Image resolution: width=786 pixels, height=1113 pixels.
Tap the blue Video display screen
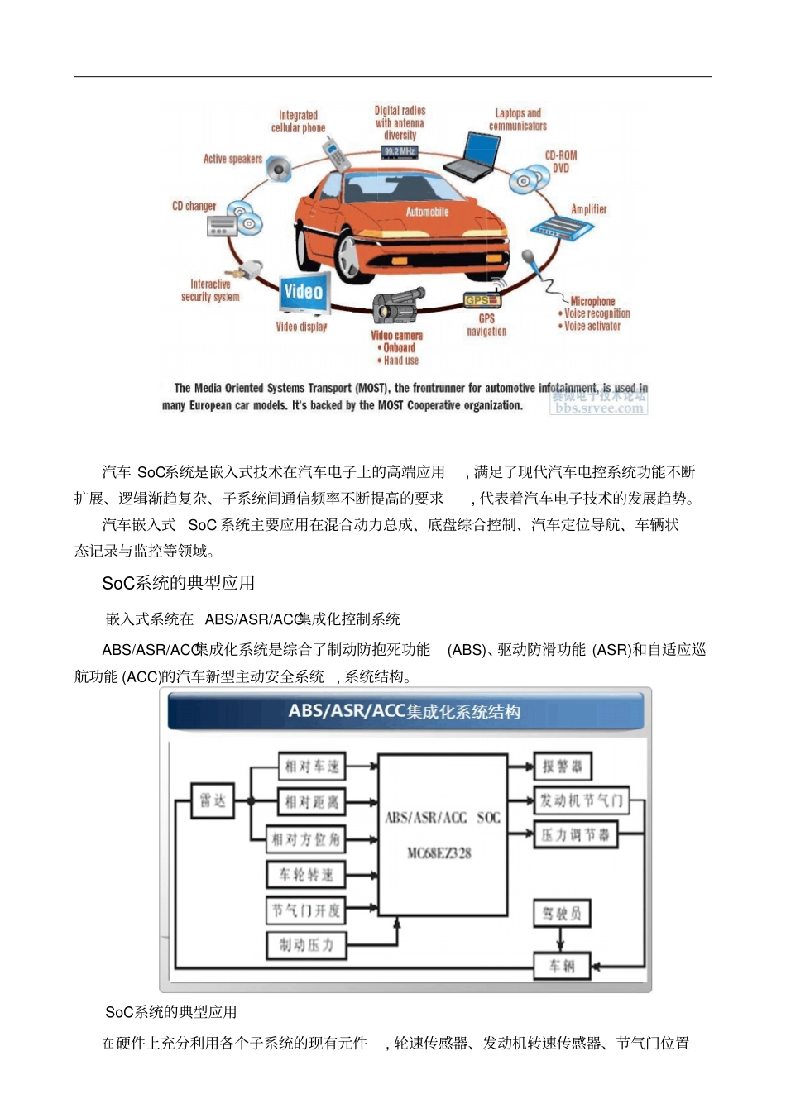tap(304, 293)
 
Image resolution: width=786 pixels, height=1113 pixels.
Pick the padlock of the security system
tap(250, 269)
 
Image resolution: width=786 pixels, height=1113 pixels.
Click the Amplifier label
tap(588, 210)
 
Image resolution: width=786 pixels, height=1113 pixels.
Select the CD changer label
tap(194, 206)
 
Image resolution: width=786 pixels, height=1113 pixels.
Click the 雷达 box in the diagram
tap(213, 800)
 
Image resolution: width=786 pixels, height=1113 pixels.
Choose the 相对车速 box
tap(312, 767)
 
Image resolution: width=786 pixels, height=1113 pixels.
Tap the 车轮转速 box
tap(305, 875)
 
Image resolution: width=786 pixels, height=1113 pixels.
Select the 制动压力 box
tap(306, 944)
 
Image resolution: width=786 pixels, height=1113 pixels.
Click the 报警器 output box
tap(562, 767)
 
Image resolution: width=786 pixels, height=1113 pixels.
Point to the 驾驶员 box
tap(562, 913)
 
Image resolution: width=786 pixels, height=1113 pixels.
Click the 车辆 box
tap(562, 966)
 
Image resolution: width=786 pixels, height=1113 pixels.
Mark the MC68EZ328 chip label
tap(439, 853)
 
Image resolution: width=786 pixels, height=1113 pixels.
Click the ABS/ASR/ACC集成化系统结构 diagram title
tap(405, 712)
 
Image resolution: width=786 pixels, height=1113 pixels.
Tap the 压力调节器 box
tap(575, 835)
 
